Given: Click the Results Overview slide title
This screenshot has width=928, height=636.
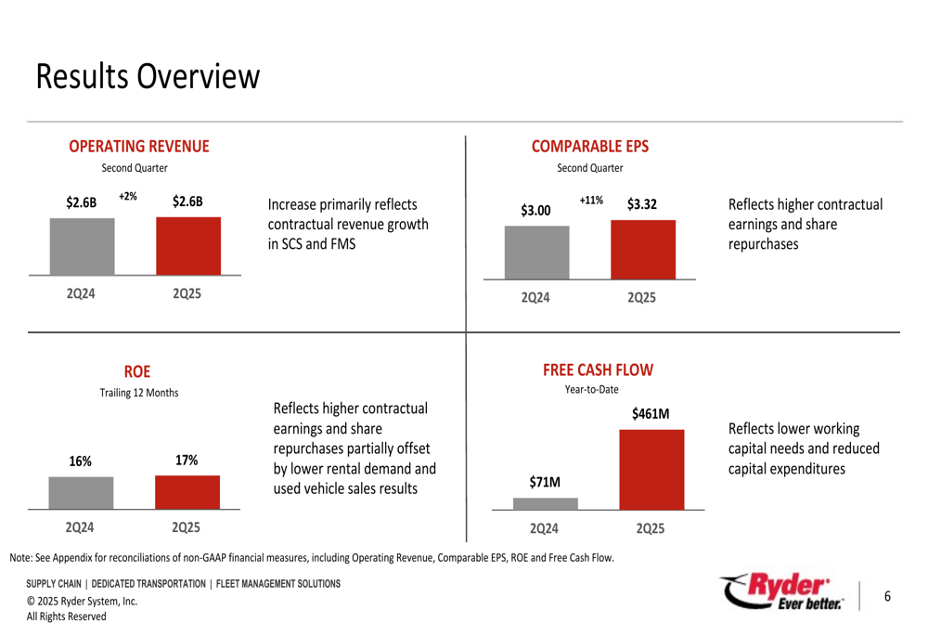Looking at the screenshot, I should click(148, 77).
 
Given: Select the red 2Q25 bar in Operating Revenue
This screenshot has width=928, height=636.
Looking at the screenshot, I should click(187, 246).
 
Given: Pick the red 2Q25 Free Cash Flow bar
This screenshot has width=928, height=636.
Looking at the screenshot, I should click(651, 469).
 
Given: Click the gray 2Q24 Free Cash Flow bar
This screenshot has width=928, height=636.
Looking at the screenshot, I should click(545, 503).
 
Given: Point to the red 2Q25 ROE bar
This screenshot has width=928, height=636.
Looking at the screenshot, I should click(187, 491).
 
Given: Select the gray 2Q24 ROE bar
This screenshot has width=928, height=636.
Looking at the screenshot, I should click(81, 492).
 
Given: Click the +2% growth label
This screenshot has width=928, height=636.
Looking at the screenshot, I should click(128, 197).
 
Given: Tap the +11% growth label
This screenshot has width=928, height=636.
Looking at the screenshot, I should click(591, 201).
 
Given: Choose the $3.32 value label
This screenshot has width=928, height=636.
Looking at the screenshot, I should click(641, 204).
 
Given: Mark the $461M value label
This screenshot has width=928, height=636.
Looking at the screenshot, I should click(651, 413).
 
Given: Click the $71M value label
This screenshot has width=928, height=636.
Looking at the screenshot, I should click(545, 482).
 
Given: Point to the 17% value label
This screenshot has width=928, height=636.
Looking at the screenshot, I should click(187, 461).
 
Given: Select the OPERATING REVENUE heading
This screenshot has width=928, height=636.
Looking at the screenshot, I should click(139, 147).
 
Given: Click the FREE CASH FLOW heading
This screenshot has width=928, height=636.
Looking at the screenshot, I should click(598, 370).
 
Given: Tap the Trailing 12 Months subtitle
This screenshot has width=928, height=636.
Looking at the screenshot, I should click(139, 393).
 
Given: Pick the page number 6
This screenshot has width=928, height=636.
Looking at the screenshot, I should click(887, 596).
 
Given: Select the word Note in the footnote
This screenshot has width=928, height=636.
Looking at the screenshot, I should click(21, 558).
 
